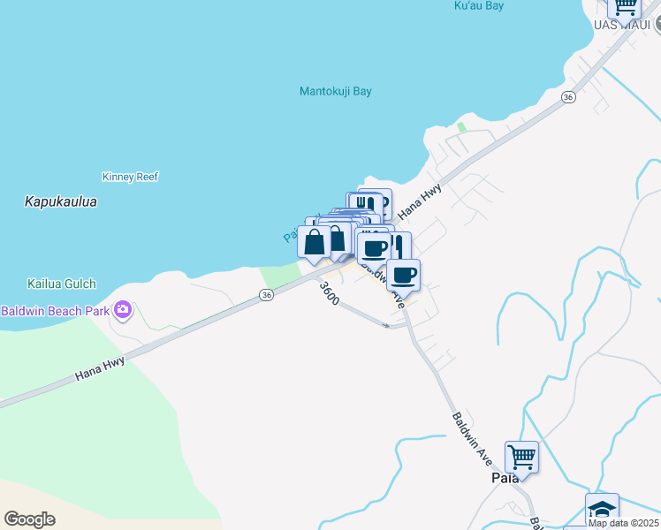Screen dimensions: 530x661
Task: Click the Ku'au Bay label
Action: point(478,6)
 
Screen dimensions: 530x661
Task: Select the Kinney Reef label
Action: point(130,177)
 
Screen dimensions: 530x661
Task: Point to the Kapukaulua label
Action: point(60,202)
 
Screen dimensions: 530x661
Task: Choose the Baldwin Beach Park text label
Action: point(54,311)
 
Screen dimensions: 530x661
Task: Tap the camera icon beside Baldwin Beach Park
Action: point(122,310)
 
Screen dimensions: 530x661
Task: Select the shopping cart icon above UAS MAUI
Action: point(626,5)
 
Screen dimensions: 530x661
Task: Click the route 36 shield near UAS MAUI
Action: point(568,96)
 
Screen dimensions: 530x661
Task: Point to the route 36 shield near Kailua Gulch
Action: point(266,295)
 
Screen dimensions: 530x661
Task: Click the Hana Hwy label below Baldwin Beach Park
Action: point(99,369)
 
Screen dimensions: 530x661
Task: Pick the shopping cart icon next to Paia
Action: point(521,458)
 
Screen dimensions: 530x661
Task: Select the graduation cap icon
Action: point(602,509)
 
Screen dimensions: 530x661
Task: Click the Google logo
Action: point(29,519)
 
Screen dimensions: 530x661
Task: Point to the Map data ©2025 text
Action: point(623,523)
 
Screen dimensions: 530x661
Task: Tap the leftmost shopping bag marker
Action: point(314,241)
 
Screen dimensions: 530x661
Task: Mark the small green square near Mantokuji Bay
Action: point(460,127)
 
